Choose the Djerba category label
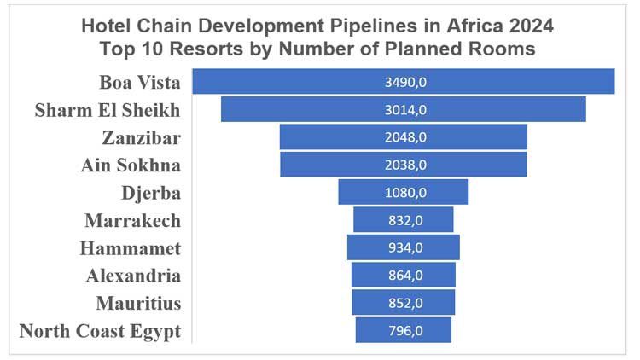pos(151,192)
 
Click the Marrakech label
pos(133,220)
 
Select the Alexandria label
pos(133,276)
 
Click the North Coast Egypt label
pos(100,331)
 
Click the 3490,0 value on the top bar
pos(404,82)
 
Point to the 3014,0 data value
pos(404,109)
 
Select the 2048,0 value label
pos(404,136)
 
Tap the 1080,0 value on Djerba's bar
pos(404,192)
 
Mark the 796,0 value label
pos(404,330)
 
